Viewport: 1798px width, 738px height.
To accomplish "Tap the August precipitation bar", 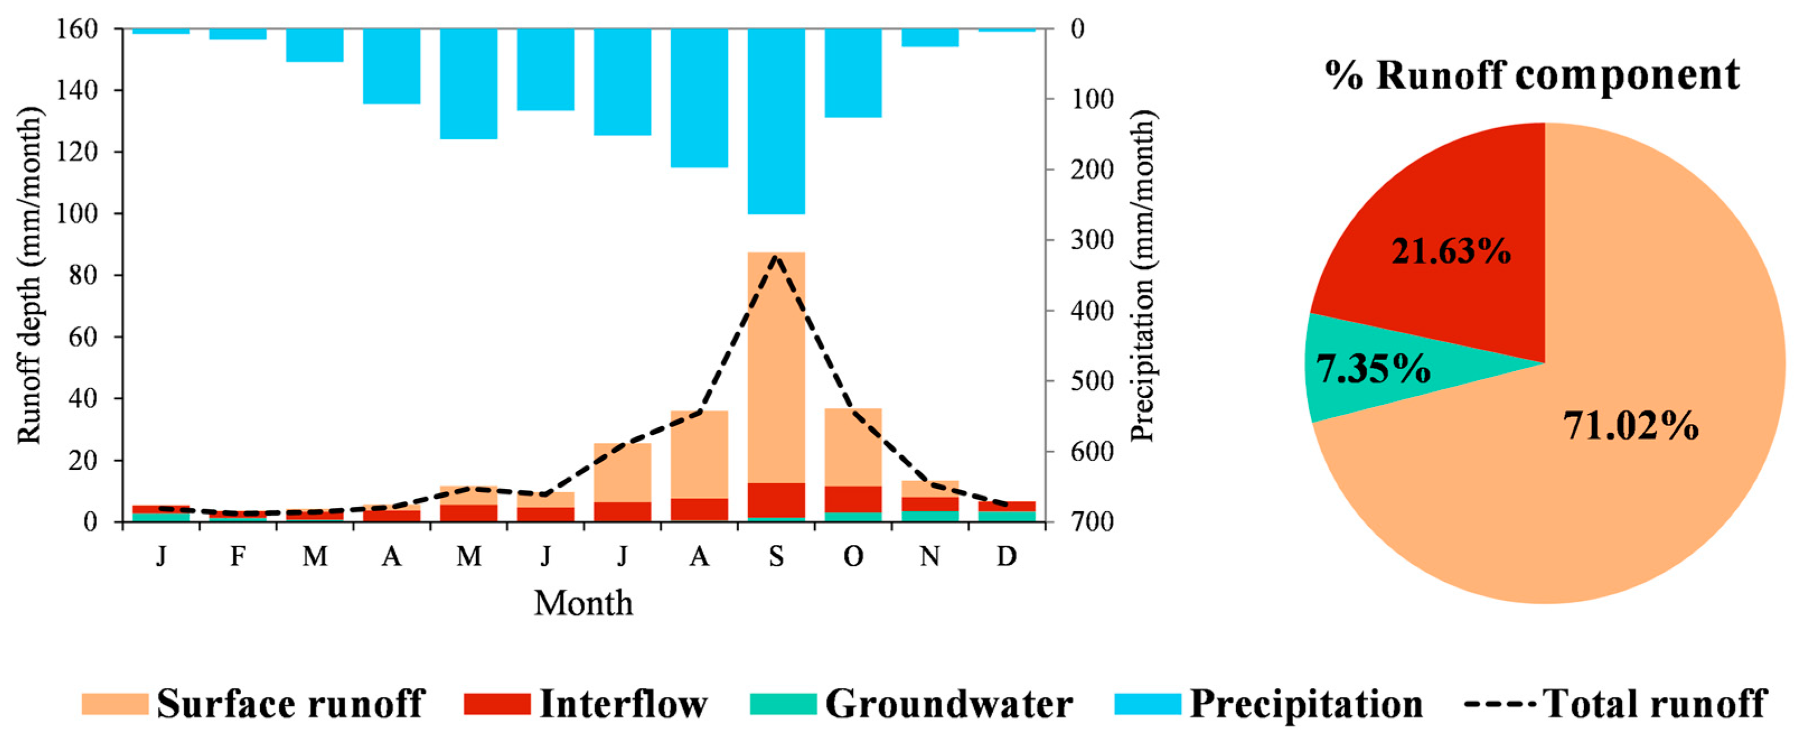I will click(700, 98).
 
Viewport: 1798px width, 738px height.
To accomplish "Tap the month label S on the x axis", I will click(776, 557).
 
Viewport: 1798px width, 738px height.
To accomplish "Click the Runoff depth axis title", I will click(29, 276).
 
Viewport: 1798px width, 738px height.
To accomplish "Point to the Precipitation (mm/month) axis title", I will click(1143, 276).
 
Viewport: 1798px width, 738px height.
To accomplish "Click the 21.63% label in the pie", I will click(1450, 251).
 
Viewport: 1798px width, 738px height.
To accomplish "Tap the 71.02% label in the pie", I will click(1631, 425).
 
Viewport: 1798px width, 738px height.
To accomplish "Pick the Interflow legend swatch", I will click(496, 704).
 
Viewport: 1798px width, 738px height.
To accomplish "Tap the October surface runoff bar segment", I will click(853, 447).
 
